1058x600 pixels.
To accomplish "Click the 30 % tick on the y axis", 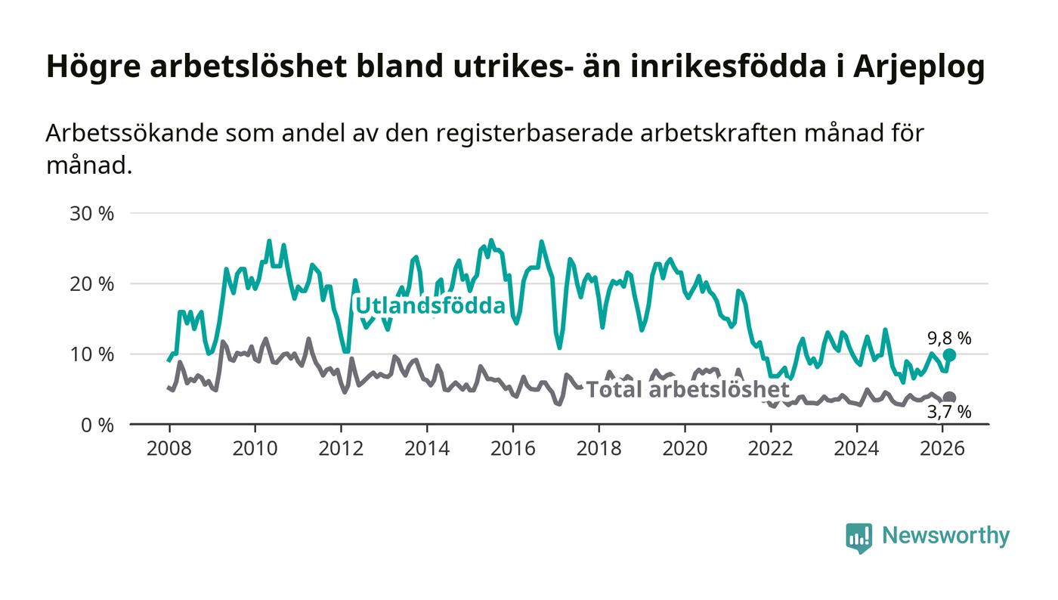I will click(91, 214).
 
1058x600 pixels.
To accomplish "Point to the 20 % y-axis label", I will click(91, 284).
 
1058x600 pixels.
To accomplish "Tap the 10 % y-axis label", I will click(91, 354).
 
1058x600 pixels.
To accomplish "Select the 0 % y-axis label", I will click(96, 425).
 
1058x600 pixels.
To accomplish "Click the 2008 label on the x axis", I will click(169, 448).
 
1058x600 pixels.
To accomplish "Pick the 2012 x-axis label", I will click(341, 448).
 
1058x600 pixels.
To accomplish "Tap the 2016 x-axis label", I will click(512, 448).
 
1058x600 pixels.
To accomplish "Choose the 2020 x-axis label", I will click(685, 448).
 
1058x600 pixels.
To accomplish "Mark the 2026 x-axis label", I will click(942, 448).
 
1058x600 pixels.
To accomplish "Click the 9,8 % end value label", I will click(949, 339).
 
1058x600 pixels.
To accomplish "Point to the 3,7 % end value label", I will click(949, 412).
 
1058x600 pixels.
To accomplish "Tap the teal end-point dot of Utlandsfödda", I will click(949, 355).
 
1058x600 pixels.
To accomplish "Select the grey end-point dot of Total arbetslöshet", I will click(949, 397).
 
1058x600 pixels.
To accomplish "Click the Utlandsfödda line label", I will click(429, 306).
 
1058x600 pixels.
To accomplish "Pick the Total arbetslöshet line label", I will click(688, 390).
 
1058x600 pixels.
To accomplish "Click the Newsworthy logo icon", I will click(858, 537).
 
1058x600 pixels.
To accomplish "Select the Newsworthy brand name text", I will click(945, 536).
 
